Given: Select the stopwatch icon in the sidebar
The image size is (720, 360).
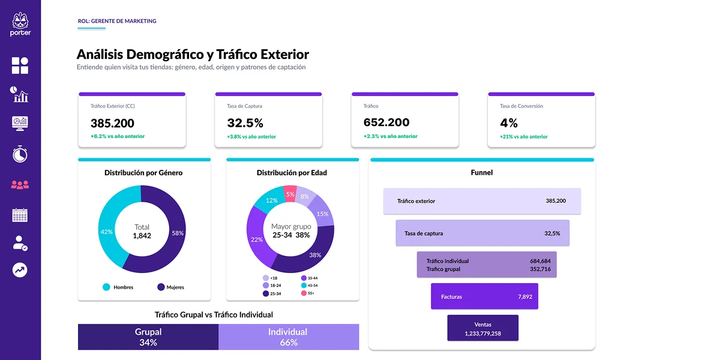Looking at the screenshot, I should click(x=20, y=154).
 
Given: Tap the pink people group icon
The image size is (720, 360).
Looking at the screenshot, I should click(x=20, y=185).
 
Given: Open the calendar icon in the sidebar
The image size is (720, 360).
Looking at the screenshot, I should click(x=20, y=215).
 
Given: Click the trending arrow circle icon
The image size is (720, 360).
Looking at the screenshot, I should click(x=20, y=270).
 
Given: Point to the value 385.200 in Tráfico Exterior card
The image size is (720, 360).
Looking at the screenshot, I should click(x=112, y=123).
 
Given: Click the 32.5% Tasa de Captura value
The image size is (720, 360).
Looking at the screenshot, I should click(x=245, y=123).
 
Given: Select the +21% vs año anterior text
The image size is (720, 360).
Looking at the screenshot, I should click(x=524, y=137).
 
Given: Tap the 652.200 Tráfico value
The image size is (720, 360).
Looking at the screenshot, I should click(x=386, y=123).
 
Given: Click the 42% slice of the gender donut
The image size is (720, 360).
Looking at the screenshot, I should click(x=107, y=232).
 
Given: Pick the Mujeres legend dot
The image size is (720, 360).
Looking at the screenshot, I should click(x=161, y=287).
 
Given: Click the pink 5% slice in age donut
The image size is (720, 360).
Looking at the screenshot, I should click(x=290, y=194).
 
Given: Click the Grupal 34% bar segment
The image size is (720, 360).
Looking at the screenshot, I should click(x=148, y=337).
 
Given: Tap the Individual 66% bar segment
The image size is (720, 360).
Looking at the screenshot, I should click(x=289, y=337).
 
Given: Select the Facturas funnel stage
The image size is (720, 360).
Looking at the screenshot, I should click(x=484, y=296).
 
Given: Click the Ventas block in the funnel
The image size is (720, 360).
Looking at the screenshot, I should click(x=482, y=328).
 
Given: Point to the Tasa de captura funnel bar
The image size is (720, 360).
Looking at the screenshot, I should click(x=482, y=233).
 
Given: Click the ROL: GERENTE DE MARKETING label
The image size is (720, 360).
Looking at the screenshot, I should click(x=117, y=21).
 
